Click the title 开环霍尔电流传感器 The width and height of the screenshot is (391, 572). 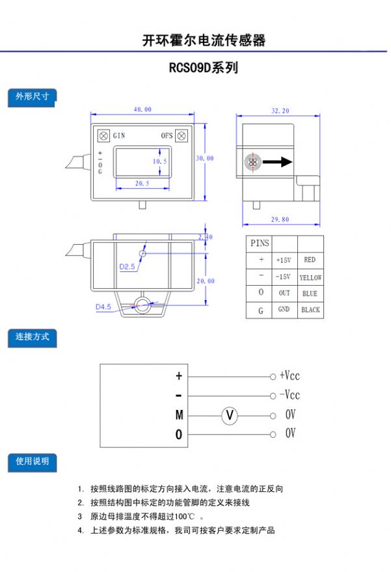coord(204,40)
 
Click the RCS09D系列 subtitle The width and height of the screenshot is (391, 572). coord(203,68)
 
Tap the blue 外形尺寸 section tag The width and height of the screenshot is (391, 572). coord(32,96)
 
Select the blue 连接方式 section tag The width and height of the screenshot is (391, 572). coord(32,337)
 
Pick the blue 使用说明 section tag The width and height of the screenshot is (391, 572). coord(32,461)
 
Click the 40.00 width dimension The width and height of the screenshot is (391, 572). coord(142,110)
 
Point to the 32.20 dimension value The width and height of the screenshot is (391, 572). coord(280,111)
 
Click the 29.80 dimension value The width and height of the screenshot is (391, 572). coord(280,220)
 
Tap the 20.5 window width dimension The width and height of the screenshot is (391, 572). coord(142,184)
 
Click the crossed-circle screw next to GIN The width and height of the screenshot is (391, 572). coord(103,136)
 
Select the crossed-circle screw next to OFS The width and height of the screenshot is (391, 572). coord(182,136)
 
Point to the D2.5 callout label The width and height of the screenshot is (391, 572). coord(126,267)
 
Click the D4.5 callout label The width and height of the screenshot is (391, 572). coord(104,306)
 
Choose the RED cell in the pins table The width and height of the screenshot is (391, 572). coord(310,260)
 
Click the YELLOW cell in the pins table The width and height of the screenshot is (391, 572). coord(310,277)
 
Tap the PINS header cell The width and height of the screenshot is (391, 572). coord(260,243)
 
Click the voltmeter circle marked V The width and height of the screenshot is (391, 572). coord(228,415)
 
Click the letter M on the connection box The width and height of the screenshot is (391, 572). coord(179,415)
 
